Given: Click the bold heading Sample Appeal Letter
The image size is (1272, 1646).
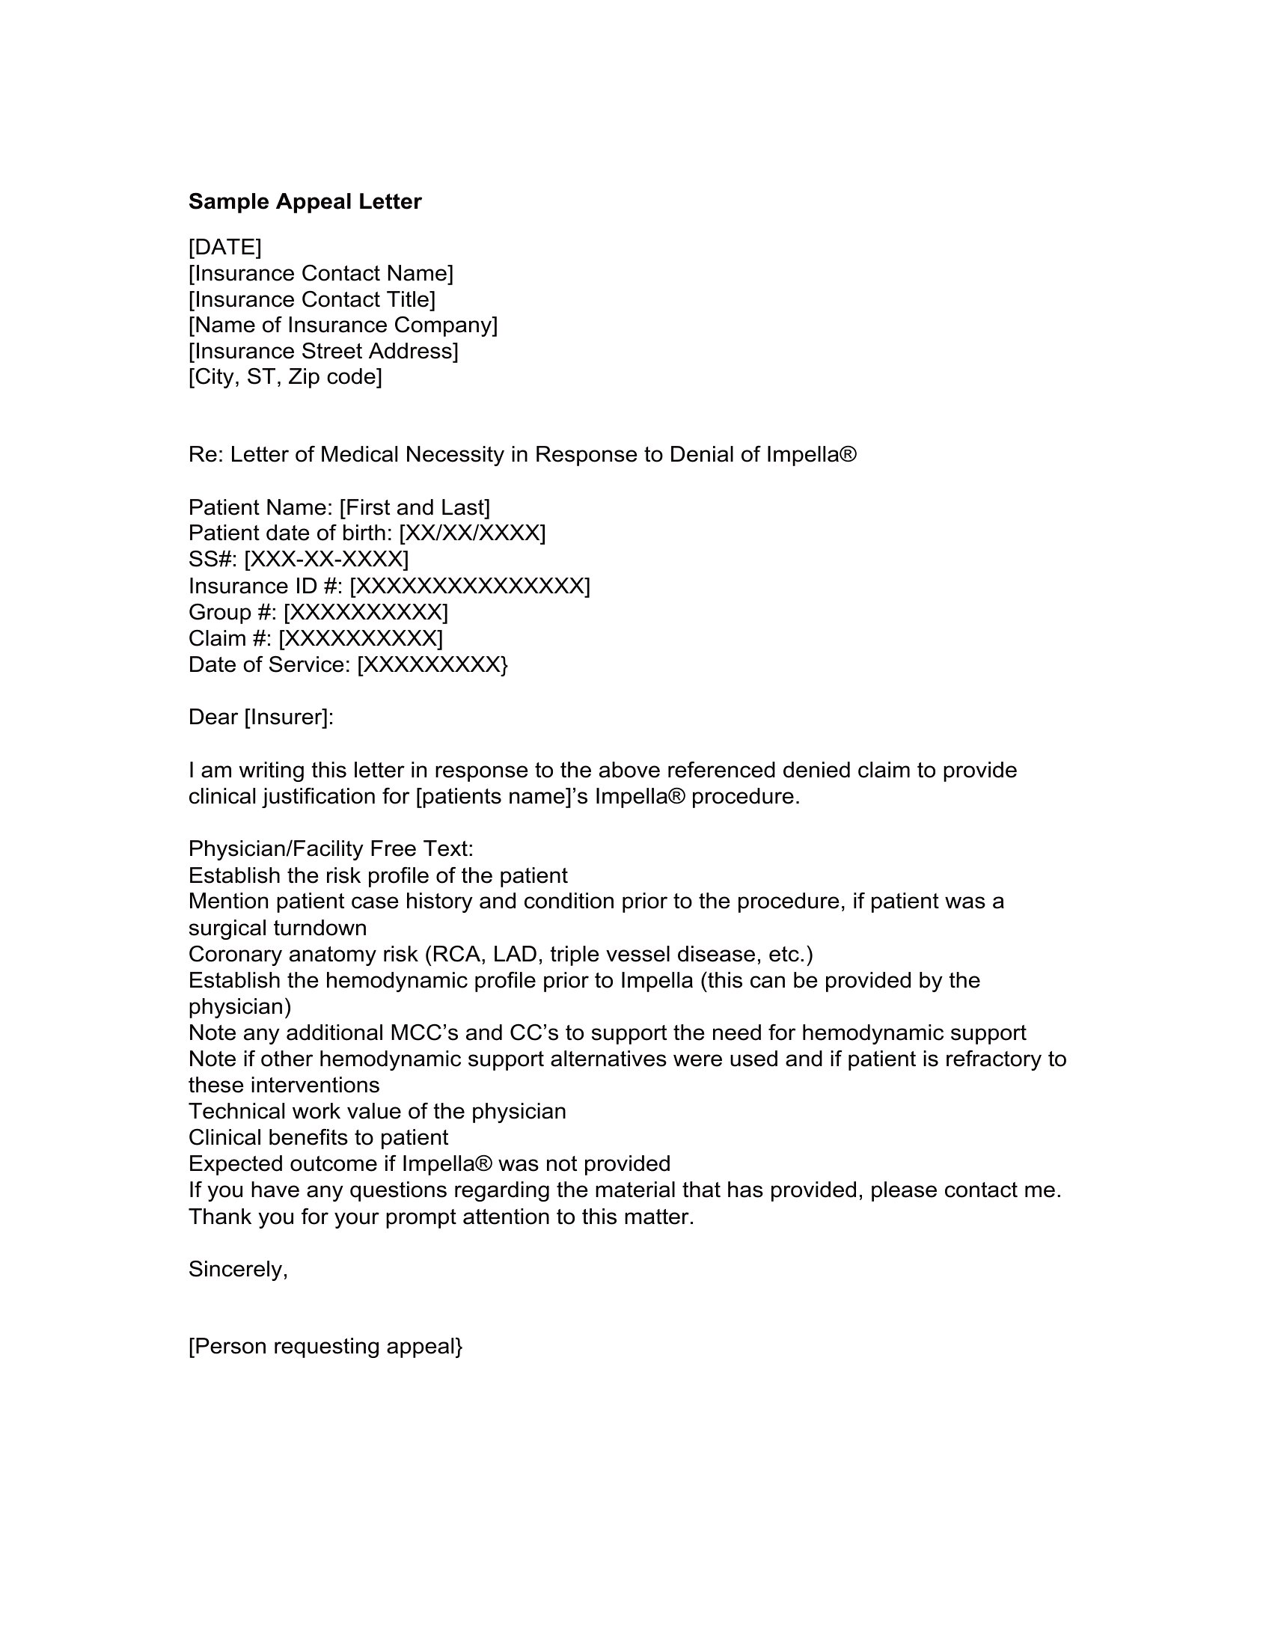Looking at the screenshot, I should (305, 201).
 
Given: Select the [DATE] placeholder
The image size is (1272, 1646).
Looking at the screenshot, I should (224, 246).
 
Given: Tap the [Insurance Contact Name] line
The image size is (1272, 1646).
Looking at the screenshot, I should (320, 273).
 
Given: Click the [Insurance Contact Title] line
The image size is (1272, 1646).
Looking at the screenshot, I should (311, 299).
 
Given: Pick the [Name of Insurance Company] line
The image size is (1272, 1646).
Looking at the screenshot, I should (343, 325).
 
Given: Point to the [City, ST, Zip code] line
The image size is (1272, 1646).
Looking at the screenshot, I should (285, 377).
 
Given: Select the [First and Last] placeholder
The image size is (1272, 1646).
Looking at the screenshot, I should (415, 507).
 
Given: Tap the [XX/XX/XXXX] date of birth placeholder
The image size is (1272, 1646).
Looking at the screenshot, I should (471, 533).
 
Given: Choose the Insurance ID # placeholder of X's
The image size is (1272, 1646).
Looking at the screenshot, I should (469, 586).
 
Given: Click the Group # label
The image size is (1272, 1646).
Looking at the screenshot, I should (232, 612).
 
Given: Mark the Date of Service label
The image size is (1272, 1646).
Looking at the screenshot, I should (269, 664).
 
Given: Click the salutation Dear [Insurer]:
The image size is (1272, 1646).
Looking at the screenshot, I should (260, 717).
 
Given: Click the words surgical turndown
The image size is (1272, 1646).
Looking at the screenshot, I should (278, 928).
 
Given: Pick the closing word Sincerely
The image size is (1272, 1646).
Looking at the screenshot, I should (237, 1270).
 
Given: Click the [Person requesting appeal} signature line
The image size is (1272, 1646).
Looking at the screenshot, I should (325, 1346).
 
